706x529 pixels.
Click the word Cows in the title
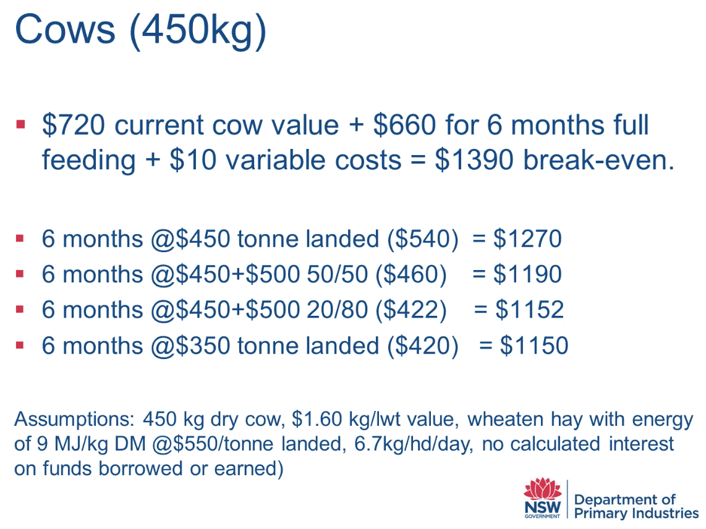[x=65, y=30]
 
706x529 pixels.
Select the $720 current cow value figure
[x=74, y=125]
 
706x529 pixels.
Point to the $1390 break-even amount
[x=474, y=160]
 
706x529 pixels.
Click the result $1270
[x=527, y=239]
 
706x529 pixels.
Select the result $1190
[x=527, y=274]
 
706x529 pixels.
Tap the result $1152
[x=529, y=310]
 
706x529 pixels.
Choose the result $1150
[x=534, y=345]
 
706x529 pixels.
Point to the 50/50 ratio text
[x=338, y=274]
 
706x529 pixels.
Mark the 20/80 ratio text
[x=338, y=310]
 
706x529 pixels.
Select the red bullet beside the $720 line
[x=20, y=124]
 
